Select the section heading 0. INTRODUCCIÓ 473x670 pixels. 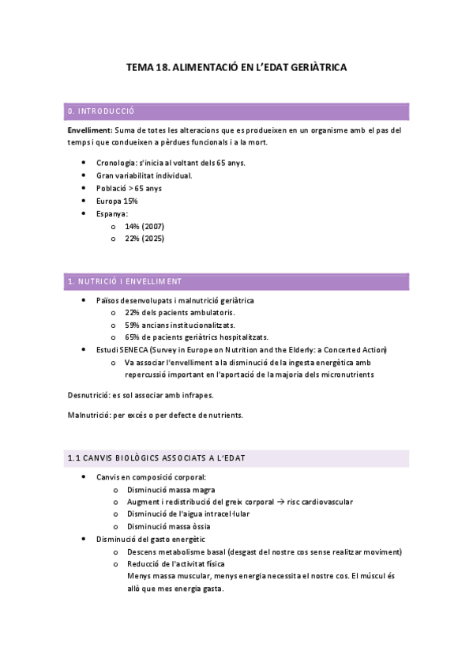coord(102,111)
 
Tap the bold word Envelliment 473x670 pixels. coord(89,130)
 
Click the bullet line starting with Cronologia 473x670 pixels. coord(171,163)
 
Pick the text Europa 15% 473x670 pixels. coord(117,201)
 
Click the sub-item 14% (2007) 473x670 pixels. coord(145,226)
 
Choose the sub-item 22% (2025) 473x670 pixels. coord(145,239)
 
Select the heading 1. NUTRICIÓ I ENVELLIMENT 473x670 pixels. coord(125,281)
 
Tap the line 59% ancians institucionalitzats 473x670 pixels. coord(179,326)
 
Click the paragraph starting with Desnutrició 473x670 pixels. coord(141,394)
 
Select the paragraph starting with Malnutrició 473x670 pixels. coord(156,415)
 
